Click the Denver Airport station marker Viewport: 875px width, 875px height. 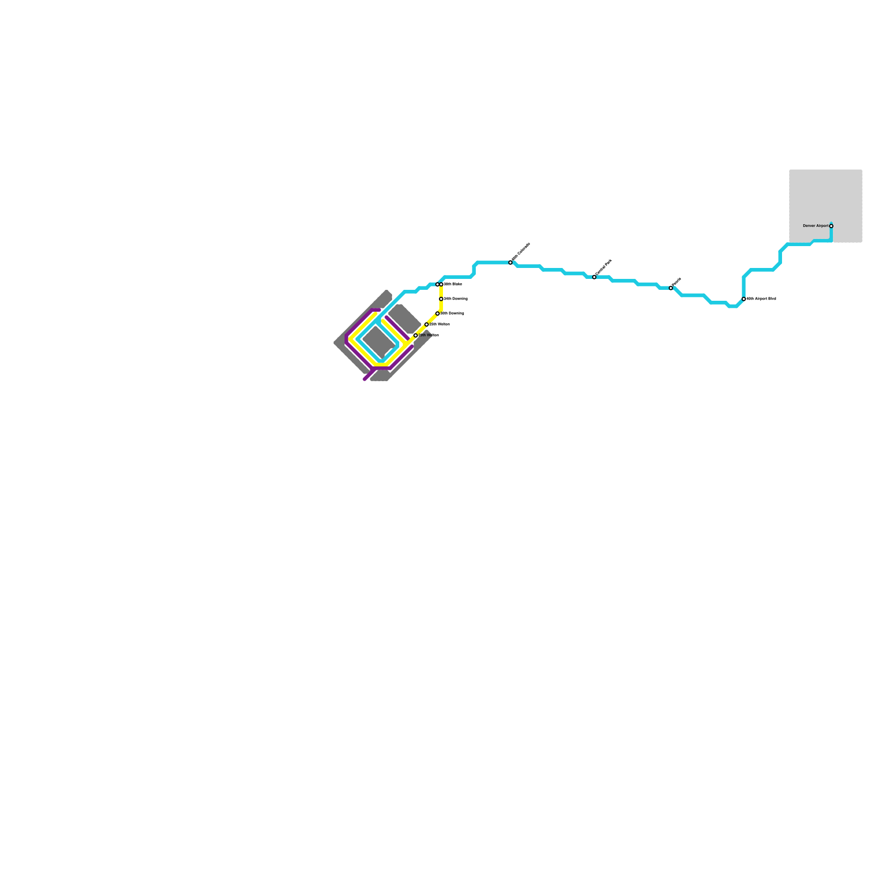pyautogui.click(x=831, y=226)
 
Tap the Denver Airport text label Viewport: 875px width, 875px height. pyautogui.click(x=815, y=226)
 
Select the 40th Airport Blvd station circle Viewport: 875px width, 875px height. pyautogui.click(x=744, y=299)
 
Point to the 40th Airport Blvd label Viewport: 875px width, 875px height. pyautogui.click(x=761, y=299)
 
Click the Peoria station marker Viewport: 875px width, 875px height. pyautogui.click(x=671, y=288)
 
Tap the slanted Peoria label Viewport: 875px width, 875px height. pyautogui.click(x=677, y=282)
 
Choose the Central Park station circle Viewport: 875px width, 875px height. pyautogui.click(x=594, y=277)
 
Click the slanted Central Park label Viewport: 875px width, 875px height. pyautogui.click(x=604, y=267)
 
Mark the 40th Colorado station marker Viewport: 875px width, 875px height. pyautogui.click(x=511, y=262)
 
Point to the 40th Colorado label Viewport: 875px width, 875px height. pyautogui.click(x=521, y=252)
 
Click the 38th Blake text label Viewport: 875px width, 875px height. pyautogui.click(x=453, y=284)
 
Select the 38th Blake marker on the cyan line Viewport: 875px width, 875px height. pyautogui.click(x=437, y=284)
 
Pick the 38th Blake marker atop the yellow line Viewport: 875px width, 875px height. pyautogui.click(x=441, y=284)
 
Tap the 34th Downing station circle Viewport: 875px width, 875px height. pyautogui.click(x=441, y=299)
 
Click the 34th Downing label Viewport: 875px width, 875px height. pyautogui.click(x=456, y=299)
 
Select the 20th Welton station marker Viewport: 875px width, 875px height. pyautogui.click(x=416, y=335)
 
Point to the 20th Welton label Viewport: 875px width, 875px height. pyautogui.click(x=429, y=335)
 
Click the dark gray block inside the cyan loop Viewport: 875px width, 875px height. pyautogui.click(x=378, y=342)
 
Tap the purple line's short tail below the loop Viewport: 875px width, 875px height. pyautogui.click(x=367, y=377)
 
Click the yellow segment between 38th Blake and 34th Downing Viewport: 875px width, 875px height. pyautogui.click(x=441, y=291)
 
